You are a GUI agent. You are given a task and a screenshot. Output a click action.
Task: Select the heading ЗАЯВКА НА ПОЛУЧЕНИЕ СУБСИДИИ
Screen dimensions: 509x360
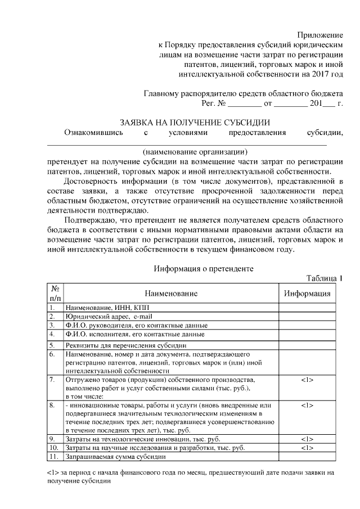(195, 122)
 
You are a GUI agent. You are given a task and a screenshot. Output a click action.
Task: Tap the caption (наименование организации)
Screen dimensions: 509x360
(195, 151)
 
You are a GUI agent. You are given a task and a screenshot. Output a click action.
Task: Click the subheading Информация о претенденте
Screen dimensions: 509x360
(204, 269)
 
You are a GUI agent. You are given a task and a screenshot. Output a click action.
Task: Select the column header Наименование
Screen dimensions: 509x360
(171, 294)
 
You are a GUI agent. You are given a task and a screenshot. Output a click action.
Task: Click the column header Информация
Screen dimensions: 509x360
(307, 294)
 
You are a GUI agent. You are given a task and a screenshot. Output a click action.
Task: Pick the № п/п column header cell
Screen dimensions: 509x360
(55, 294)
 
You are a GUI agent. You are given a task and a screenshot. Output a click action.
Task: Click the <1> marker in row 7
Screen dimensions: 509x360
(307, 380)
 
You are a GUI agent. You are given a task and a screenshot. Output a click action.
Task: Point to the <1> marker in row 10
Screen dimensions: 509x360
(307, 448)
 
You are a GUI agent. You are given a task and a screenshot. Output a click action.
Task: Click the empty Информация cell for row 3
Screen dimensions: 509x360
(307, 325)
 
